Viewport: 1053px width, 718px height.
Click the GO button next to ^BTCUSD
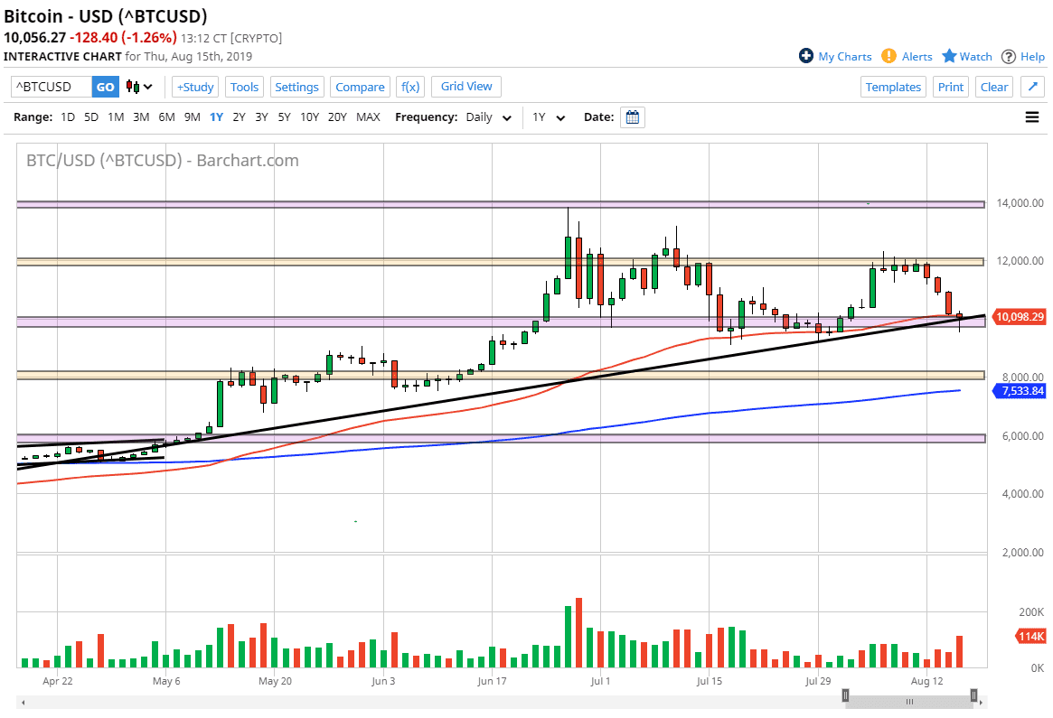[x=106, y=87]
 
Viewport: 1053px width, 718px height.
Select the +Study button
[x=194, y=87]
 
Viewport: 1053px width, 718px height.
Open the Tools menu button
[x=244, y=87]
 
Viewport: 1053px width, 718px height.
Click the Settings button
[x=296, y=87]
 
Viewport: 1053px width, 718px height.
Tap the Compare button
[x=360, y=87]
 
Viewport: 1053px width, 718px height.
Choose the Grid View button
[x=466, y=87]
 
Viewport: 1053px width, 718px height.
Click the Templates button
[x=893, y=87]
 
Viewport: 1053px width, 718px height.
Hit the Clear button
[x=994, y=87]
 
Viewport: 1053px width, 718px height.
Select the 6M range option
[x=166, y=117]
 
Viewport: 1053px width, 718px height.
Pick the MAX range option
[x=368, y=117]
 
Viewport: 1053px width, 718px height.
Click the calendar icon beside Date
[x=633, y=117]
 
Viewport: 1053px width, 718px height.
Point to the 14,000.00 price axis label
[x=1018, y=203]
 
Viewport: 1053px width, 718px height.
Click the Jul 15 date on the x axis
[x=709, y=680]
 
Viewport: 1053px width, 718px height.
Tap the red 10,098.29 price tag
[x=1020, y=317]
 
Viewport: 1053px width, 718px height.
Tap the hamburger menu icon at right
[x=1031, y=117]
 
